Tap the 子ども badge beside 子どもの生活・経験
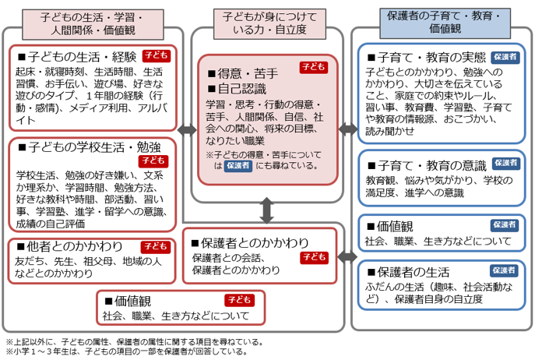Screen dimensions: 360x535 pos(157,55)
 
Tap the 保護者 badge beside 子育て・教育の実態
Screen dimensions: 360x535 pos(505,58)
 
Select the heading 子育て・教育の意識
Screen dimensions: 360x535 pos(431,164)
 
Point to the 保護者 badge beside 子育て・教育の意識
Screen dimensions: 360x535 pos(505,164)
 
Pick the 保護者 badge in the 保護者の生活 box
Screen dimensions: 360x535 pos(505,270)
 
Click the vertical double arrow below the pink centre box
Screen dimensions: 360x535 pos(266,210)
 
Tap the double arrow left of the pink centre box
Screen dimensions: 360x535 pos(187,130)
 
